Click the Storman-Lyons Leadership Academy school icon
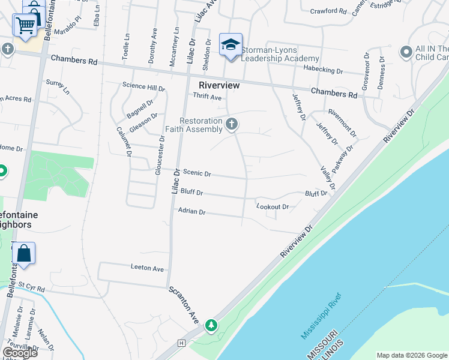[231, 45]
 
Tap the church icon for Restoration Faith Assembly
[232, 124]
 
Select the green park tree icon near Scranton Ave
[211, 325]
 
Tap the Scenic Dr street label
[197, 173]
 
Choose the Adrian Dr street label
[191, 211]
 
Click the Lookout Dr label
[273, 207]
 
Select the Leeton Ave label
[147, 268]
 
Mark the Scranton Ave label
[184, 304]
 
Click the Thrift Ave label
[207, 97]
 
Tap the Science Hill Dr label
[143, 86]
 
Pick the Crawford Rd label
[328, 11]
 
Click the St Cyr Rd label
[31, 289]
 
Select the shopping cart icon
[25, 25]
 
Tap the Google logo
[19, 352]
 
